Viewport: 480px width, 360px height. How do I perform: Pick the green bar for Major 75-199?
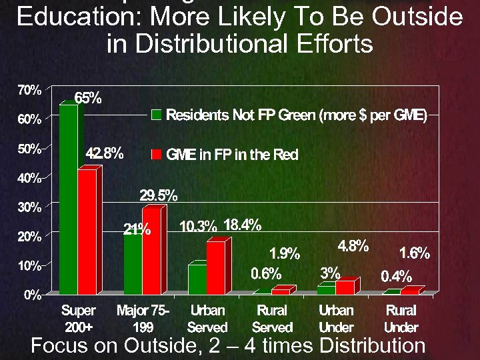133,263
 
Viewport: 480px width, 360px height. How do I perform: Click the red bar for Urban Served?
215,268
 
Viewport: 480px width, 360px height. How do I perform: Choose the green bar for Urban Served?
197,279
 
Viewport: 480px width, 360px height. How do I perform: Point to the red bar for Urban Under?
345,287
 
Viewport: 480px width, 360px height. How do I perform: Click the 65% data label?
87,98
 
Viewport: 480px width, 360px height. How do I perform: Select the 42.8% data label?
105,153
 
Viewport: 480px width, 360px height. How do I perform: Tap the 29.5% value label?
158,195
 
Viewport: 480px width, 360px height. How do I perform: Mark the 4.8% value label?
353,245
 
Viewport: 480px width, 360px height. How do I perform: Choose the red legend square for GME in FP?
156,155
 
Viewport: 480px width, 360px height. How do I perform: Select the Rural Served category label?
272,319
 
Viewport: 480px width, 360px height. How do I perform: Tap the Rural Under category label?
401,319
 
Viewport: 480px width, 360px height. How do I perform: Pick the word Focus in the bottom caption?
59,345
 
